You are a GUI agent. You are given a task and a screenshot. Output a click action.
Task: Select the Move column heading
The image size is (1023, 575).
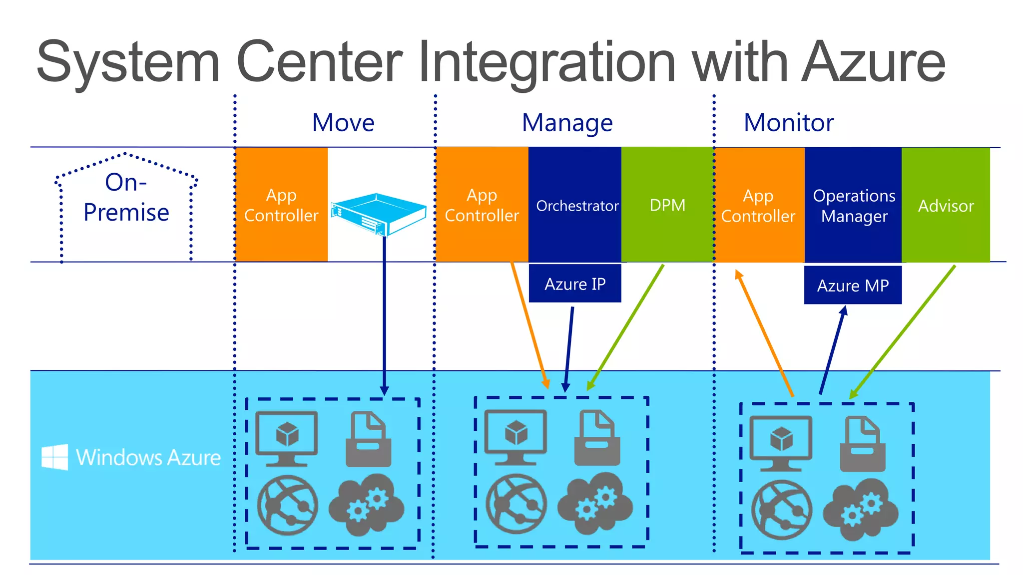point(343,123)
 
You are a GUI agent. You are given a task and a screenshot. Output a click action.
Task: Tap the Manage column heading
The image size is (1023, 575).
point(567,123)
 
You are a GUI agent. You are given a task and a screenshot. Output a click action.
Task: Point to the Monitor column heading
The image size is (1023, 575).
point(788,123)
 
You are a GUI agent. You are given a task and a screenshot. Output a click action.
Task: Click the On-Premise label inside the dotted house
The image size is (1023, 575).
point(126,198)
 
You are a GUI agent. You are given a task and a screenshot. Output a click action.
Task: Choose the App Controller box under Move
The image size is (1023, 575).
point(281,205)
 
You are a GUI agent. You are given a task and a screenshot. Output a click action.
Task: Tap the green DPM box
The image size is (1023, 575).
point(667,205)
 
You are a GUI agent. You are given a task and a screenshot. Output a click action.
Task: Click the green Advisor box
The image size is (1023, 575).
point(946,205)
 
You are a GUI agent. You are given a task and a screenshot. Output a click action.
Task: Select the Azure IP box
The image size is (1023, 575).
point(575,284)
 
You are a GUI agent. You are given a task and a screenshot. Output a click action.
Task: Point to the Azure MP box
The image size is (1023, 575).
point(853,285)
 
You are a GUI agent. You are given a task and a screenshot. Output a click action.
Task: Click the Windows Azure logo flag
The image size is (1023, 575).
point(54,457)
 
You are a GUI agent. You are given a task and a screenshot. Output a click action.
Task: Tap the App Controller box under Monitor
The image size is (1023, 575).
point(758,205)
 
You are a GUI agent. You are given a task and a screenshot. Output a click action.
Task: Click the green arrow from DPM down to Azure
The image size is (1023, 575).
point(625,327)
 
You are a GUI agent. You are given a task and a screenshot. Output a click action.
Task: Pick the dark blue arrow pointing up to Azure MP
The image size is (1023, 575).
point(832,349)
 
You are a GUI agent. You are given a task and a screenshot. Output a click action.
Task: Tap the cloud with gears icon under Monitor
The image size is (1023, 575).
point(860,509)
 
